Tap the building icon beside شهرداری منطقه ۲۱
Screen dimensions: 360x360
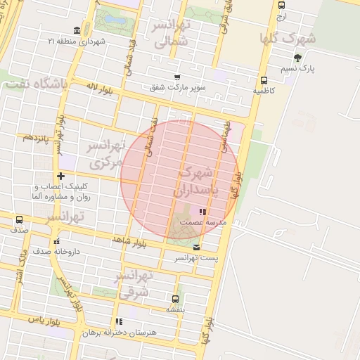[x=76, y=31]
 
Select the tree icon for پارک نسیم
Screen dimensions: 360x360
[x=297, y=58]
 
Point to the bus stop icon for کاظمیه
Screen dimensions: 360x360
[x=264, y=80]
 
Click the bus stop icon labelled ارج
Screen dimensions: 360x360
[x=282, y=5]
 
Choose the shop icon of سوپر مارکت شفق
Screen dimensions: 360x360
[x=177, y=77]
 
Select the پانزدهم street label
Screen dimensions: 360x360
[x=34, y=137]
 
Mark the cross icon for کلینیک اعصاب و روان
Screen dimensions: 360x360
[x=60, y=176]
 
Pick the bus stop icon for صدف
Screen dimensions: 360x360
[x=19, y=219]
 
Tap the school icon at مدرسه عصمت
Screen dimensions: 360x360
[x=202, y=211]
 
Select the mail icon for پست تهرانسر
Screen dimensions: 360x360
[x=196, y=247]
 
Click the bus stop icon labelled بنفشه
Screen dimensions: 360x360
[x=175, y=298]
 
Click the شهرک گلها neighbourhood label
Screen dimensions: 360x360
[x=288, y=37]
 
